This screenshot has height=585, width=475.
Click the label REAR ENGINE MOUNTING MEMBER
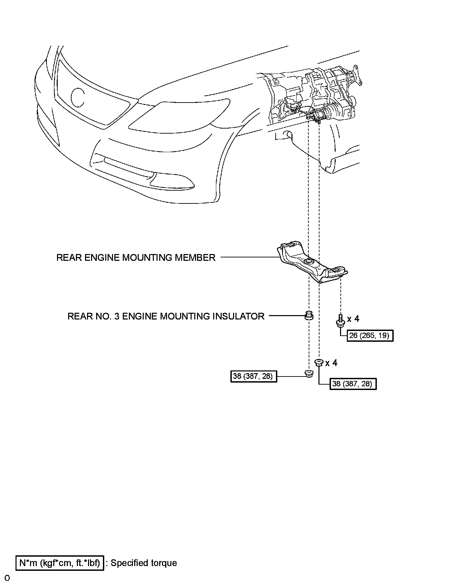136,258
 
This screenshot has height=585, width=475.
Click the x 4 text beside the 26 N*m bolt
353,319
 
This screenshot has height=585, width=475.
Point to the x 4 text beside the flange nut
331,363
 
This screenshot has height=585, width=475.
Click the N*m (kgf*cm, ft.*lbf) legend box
60,563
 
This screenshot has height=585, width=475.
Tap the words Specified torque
144,563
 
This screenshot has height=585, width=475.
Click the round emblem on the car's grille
78,97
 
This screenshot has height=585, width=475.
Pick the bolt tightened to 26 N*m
340,321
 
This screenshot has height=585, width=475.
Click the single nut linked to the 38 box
308,373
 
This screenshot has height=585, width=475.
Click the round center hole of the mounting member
308,262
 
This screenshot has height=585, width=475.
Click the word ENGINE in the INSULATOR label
140,316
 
